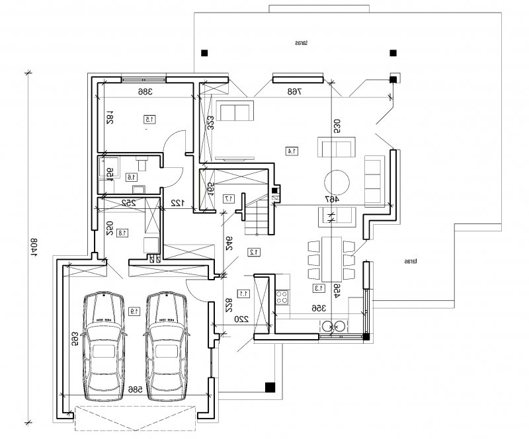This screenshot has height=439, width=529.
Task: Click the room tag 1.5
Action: click(x=149, y=119)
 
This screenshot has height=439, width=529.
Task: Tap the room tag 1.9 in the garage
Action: click(x=134, y=310)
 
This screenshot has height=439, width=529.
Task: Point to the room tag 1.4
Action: click(x=289, y=151)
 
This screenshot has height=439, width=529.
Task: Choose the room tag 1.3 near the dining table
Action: click(x=319, y=288)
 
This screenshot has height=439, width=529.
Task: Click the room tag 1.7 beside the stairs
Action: click(x=229, y=198)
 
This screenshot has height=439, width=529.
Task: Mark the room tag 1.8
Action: click(x=122, y=232)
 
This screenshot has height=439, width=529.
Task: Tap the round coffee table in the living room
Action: click(x=337, y=182)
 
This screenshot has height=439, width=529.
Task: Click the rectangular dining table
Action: click(x=333, y=259)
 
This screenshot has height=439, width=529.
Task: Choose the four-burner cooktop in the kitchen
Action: click(x=283, y=295)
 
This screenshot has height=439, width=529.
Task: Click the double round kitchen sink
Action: click(x=333, y=325)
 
